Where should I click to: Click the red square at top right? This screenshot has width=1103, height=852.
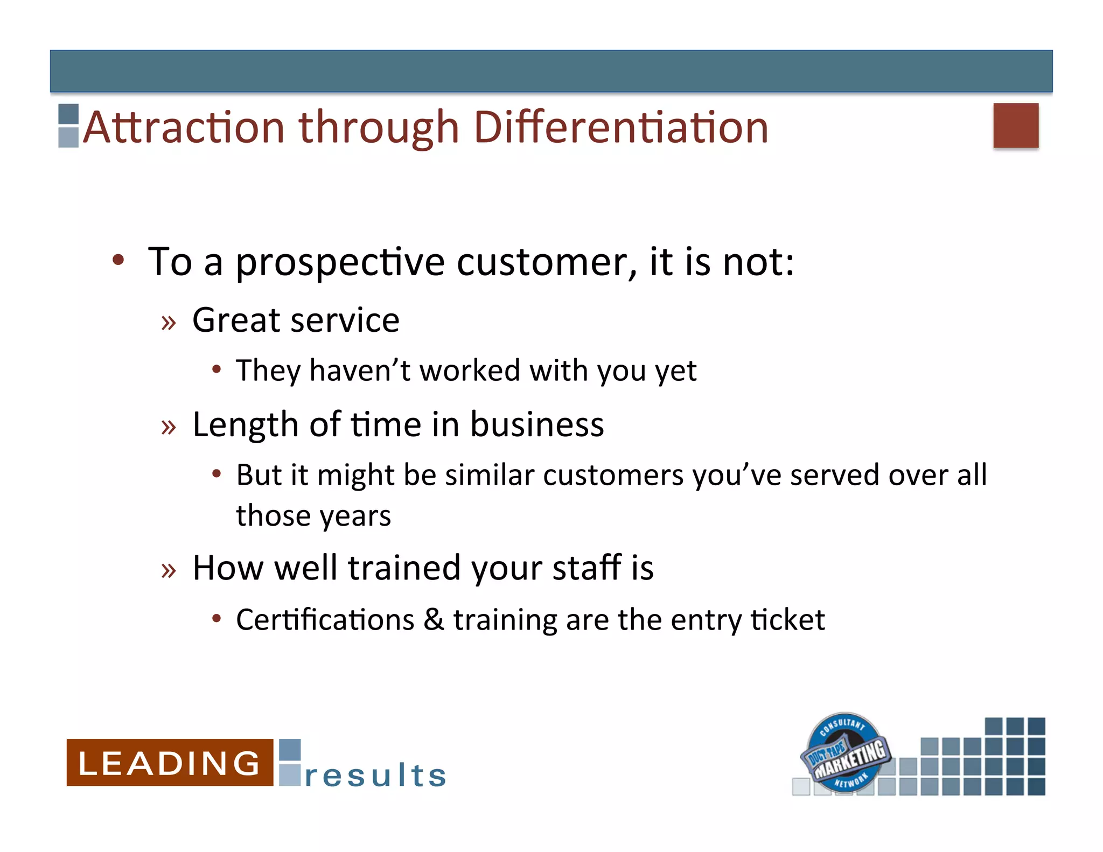(1016, 125)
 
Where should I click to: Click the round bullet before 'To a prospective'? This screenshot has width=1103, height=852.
(118, 260)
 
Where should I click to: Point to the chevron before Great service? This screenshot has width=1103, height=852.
(169, 323)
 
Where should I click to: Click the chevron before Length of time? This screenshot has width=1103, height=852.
(169, 427)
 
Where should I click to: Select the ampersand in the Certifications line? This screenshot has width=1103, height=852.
(434, 619)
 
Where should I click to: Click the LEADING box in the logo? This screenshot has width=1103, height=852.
(170, 763)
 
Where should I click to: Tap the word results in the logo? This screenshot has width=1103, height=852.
(375, 775)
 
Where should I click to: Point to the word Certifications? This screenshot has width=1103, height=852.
(325, 619)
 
